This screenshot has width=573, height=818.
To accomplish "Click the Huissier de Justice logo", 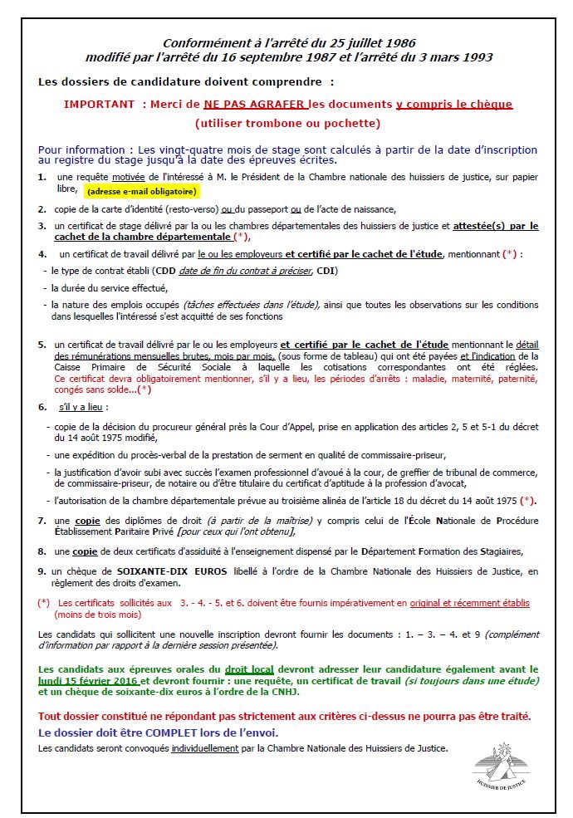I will click(x=501, y=765).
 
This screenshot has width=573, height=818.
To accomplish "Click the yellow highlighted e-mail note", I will click(x=143, y=191).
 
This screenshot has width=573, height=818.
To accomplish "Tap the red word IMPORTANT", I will click(x=99, y=105).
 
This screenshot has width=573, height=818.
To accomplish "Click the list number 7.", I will click(x=42, y=520).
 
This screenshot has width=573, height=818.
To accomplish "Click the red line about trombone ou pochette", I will click(x=287, y=124).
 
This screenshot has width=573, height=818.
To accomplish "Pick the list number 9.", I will click(x=42, y=571).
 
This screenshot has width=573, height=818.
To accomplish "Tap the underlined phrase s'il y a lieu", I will click(x=83, y=408).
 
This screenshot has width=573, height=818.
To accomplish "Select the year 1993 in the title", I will click(x=477, y=57).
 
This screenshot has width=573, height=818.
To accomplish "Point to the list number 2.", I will click(x=42, y=208).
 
